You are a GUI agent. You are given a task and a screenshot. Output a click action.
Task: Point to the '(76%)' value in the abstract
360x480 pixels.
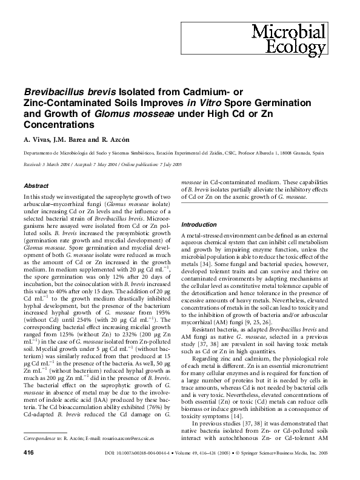coord(138,418)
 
